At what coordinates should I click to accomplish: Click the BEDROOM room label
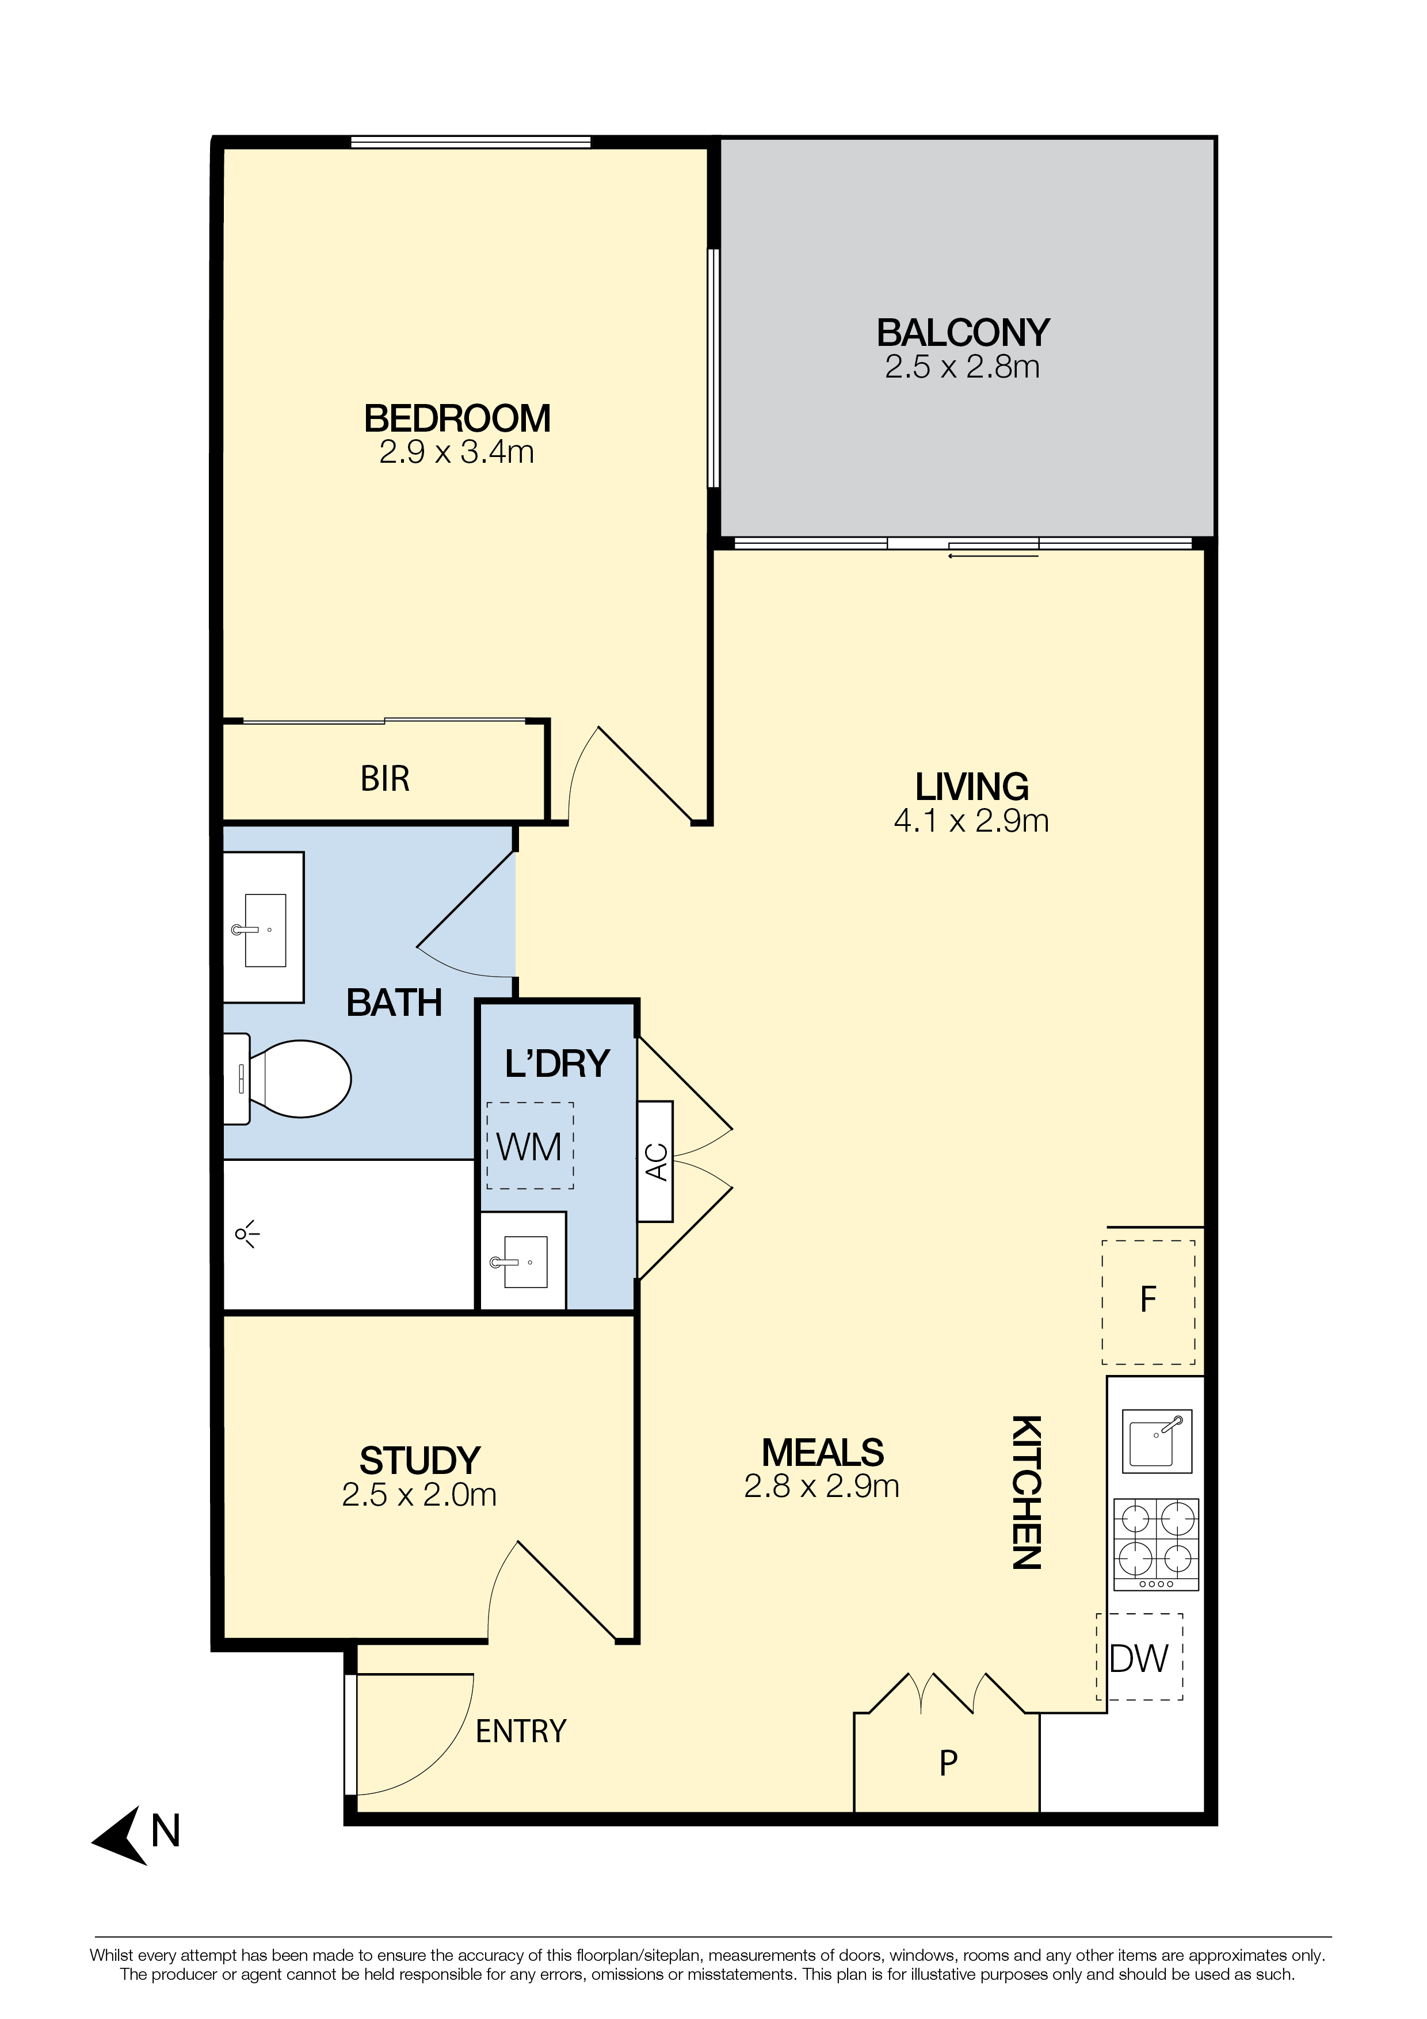point(457,418)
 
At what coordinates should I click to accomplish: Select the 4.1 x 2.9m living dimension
point(971,821)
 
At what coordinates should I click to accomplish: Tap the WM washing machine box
point(530,1146)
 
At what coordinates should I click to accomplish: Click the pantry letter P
point(948,1763)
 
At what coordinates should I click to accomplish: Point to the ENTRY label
point(521,1731)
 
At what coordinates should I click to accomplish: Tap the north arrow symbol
point(121,1835)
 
